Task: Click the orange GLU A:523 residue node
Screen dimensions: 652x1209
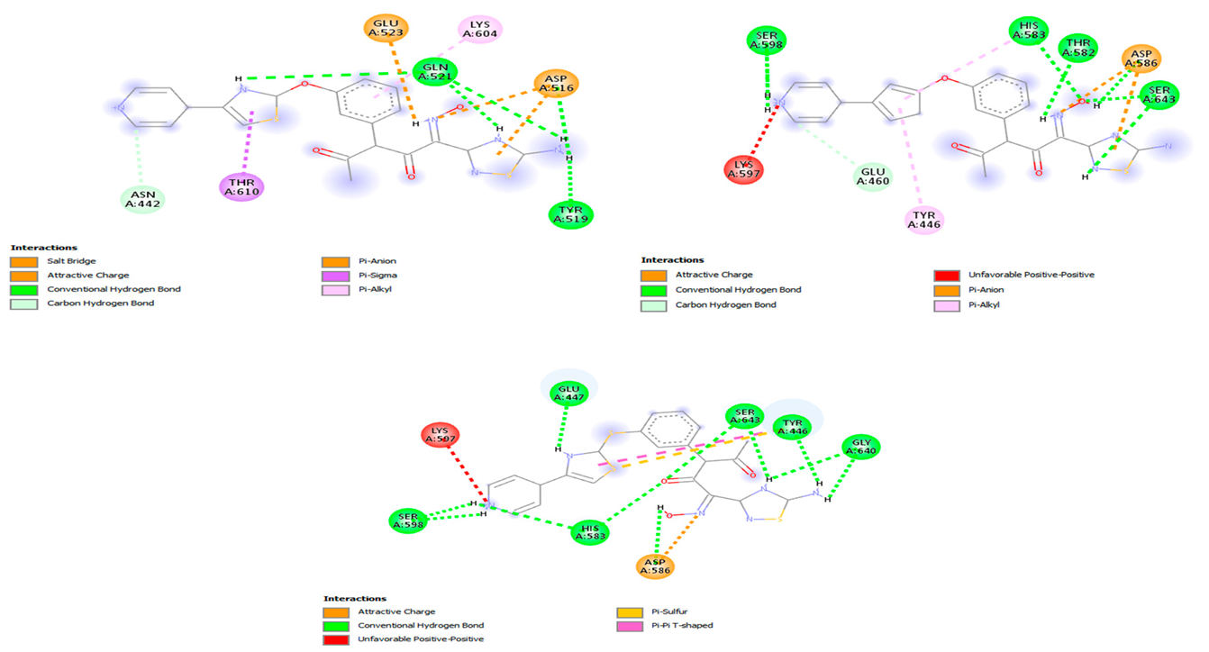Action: [386, 29]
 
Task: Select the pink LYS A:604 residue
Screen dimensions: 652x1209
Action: [480, 30]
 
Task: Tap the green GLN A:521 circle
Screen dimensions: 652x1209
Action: [435, 71]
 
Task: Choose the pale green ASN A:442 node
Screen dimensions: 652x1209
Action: [144, 199]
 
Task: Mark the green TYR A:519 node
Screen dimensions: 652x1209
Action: [571, 213]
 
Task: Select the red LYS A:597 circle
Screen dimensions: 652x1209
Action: [748, 169]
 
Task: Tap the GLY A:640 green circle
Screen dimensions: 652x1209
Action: [861, 447]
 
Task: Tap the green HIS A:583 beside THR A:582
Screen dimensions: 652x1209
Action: [1029, 32]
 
